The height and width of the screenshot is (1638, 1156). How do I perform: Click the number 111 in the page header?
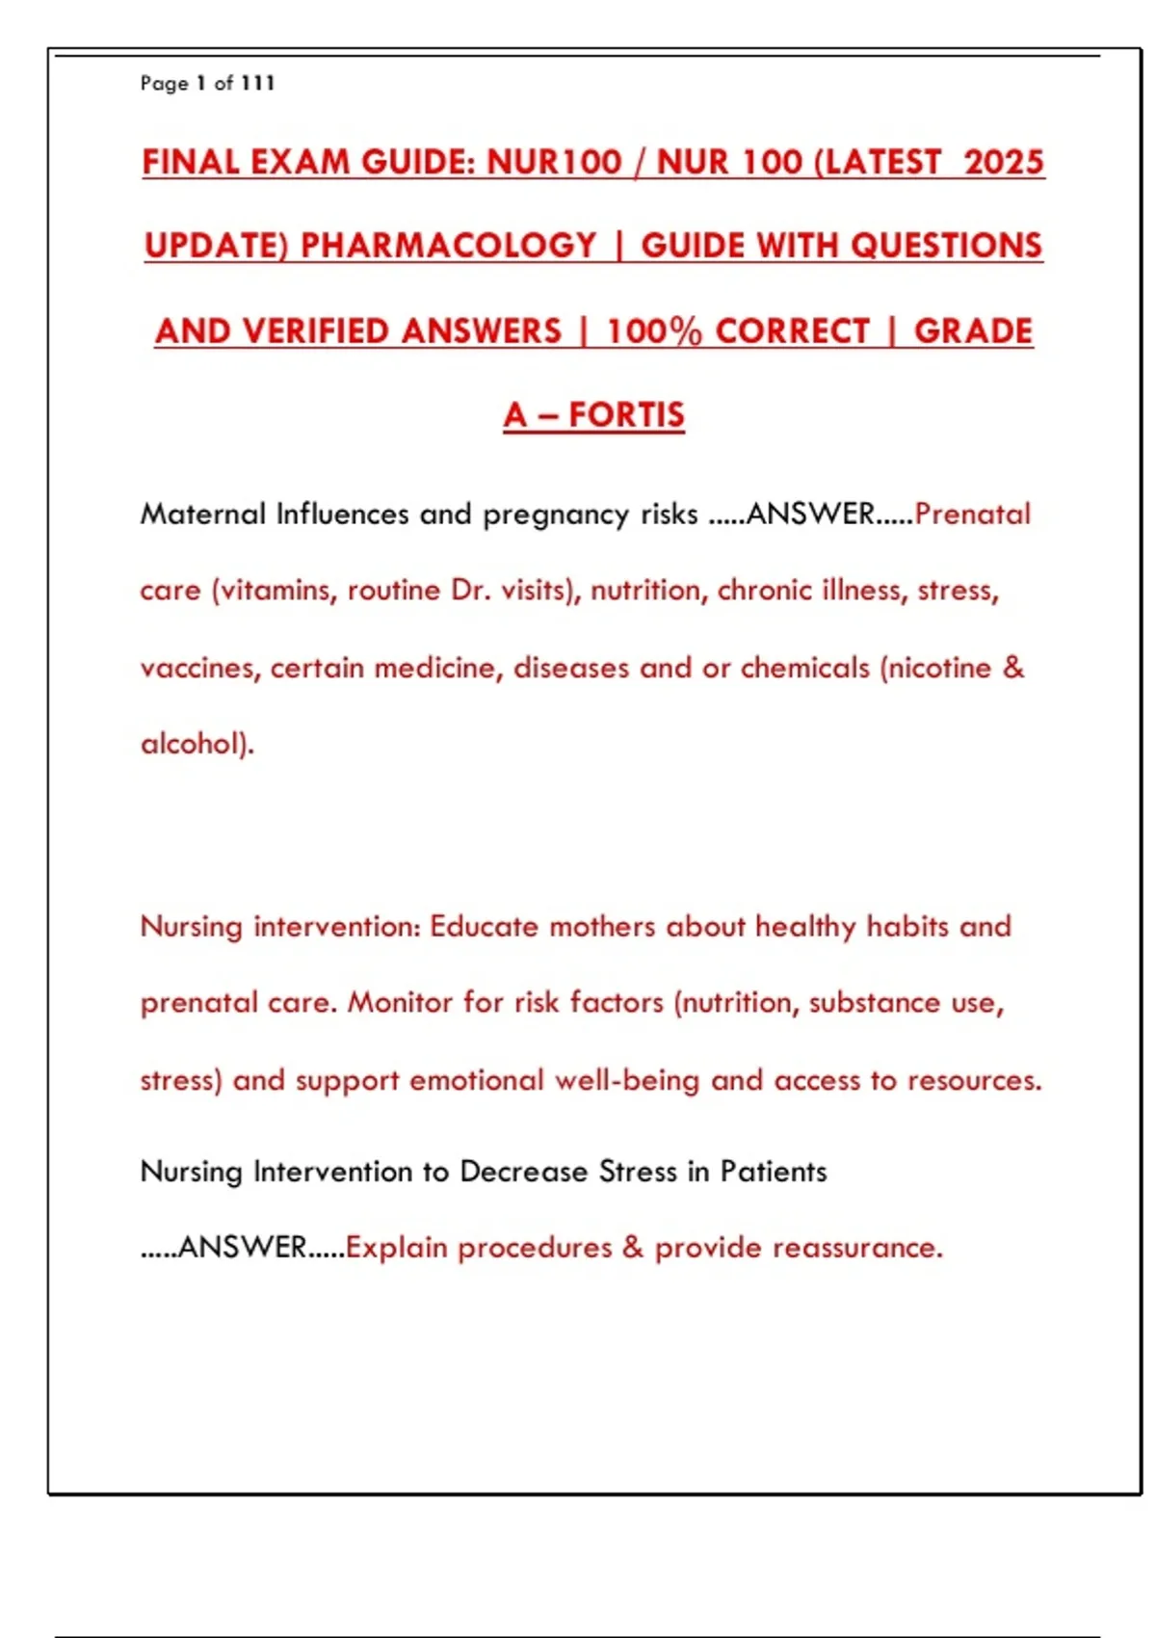(258, 84)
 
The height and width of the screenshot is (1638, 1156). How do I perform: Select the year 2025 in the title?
(1004, 162)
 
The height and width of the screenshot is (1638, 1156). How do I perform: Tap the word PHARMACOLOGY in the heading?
(449, 246)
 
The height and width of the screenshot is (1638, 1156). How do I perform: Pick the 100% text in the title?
(654, 331)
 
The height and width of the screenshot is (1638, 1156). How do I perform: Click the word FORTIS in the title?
(626, 415)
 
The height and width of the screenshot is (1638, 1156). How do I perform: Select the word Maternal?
(202, 514)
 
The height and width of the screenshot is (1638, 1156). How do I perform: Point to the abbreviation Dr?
(471, 590)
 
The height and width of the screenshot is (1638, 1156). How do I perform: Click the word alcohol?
(193, 744)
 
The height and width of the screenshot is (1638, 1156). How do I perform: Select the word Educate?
(484, 927)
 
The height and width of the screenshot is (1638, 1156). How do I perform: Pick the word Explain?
(397, 1249)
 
